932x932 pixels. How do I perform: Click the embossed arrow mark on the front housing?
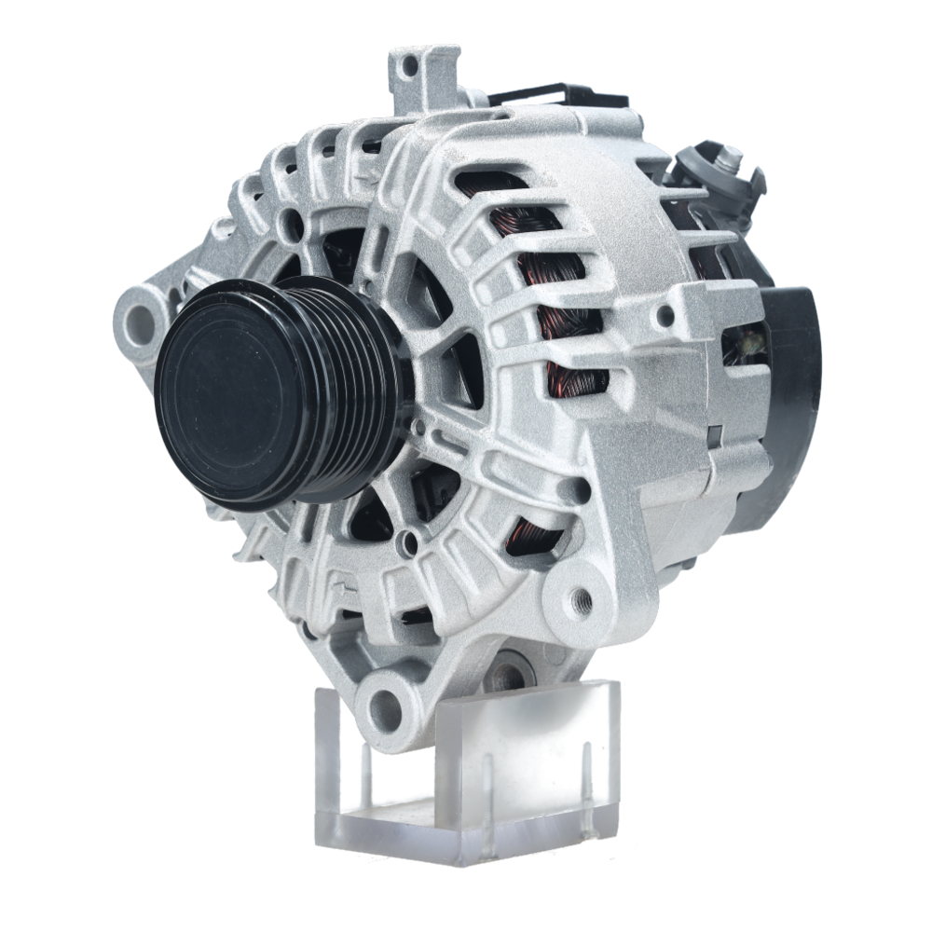tap(346, 588)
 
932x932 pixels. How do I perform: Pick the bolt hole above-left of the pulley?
tap(294, 224)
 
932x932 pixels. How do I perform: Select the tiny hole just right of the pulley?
tap(419, 429)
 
